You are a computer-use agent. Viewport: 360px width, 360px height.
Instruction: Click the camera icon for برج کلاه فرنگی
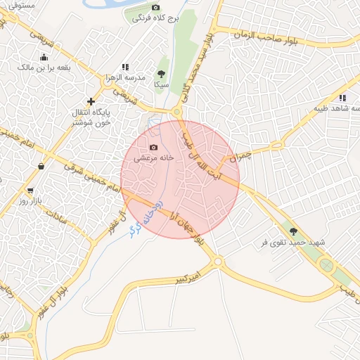pos(156,7)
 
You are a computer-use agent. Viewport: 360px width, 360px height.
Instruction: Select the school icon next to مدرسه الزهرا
pos(125,67)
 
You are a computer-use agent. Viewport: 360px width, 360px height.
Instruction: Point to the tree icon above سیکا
pos(162,73)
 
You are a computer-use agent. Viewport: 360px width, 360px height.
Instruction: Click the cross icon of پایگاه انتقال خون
pos(90,101)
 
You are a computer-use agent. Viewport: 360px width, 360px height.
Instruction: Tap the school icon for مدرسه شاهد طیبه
pos(342,98)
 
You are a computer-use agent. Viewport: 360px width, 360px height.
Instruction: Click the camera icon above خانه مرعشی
pos(153,148)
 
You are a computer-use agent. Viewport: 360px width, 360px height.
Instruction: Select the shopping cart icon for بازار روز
pos(30,191)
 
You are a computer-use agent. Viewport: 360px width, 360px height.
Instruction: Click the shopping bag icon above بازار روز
pos(41,167)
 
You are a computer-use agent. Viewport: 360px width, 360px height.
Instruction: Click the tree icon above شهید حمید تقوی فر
pos(293,231)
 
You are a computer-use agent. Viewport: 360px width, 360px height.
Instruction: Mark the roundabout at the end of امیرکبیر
pos(218,262)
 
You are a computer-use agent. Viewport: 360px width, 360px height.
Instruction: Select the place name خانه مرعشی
pos(160,159)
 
